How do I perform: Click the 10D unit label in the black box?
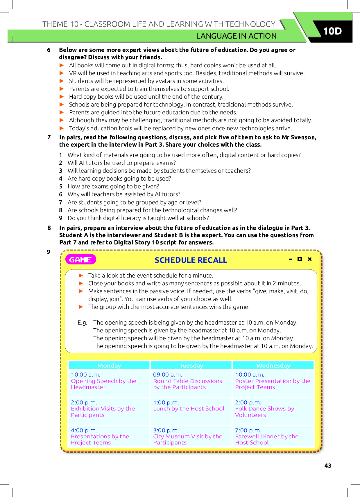click(x=332, y=31)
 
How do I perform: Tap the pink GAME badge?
click(x=80, y=260)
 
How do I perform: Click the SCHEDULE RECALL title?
click(x=191, y=260)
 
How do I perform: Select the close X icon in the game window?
click(x=310, y=259)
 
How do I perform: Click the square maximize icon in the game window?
click(x=300, y=259)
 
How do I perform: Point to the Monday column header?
click(x=109, y=365)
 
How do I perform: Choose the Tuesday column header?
click(x=191, y=365)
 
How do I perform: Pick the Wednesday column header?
click(x=273, y=365)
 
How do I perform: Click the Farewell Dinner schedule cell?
click(x=266, y=439)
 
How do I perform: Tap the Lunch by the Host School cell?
click(x=189, y=408)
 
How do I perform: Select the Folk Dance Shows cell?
click(x=264, y=412)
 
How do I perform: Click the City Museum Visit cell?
click(x=187, y=439)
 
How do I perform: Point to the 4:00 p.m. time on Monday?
click(x=84, y=430)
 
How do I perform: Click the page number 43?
click(x=328, y=466)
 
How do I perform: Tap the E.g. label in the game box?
click(x=82, y=323)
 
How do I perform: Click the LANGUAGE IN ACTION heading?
click(x=236, y=36)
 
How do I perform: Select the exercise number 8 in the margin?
click(x=49, y=228)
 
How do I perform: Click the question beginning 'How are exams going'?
click(x=113, y=186)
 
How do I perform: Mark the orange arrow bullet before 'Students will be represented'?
click(x=62, y=81)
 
